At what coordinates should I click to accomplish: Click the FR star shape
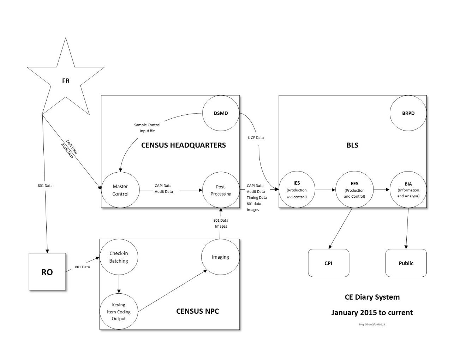[66, 80]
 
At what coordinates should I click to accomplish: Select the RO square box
[47, 272]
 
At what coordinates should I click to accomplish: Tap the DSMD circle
[221, 113]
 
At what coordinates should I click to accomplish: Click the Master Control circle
[120, 190]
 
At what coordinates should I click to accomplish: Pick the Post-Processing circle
[221, 190]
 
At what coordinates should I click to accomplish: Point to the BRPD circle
[408, 113]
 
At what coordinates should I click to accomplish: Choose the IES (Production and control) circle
[297, 190]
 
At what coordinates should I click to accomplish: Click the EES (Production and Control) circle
[354, 190]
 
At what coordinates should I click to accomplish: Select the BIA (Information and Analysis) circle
[408, 190]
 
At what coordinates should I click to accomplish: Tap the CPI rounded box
[328, 263]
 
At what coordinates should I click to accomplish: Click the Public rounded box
[406, 263]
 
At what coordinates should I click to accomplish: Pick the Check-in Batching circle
[119, 257]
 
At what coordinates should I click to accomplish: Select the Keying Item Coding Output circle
[119, 312]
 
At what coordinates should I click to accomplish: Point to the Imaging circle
[220, 257]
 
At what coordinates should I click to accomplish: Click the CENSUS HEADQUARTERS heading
[183, 145]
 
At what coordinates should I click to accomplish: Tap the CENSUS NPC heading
[197, 311]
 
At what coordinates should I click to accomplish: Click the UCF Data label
[256, 138]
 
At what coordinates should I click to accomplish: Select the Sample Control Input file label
[147, 128]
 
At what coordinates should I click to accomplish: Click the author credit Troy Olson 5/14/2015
[372, 324]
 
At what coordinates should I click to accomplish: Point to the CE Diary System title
[372, 297]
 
